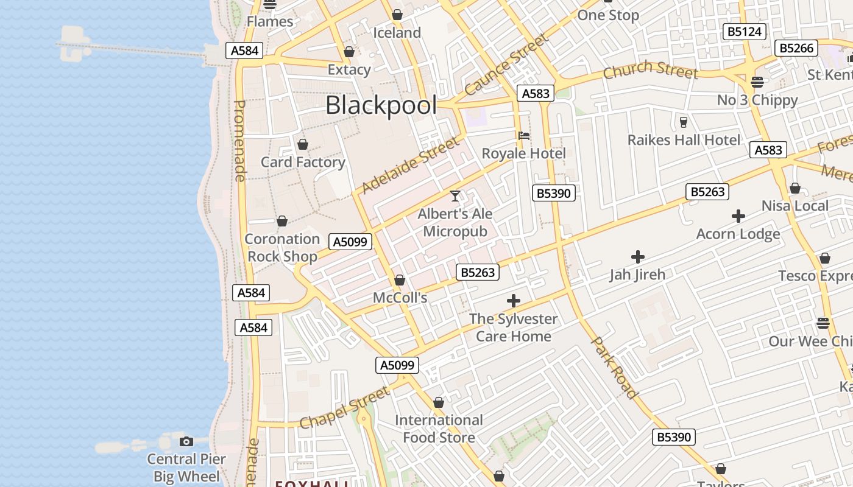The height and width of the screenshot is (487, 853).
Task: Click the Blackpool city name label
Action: click(x=381, y=105)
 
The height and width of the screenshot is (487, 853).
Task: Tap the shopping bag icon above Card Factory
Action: click(x=302, y=145)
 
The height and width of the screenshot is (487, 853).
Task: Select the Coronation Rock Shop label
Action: click(x=282, y=248)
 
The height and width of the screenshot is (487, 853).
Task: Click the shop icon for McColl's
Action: click(x=400, y=280)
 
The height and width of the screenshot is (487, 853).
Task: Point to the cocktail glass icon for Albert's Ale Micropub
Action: click(x=455, y=196)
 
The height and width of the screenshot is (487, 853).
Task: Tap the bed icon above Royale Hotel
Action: click(x=523, y=136)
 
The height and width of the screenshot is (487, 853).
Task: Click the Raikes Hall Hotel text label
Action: click(x=684, y=140)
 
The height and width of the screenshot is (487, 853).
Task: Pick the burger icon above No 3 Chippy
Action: click(x=757, y=82)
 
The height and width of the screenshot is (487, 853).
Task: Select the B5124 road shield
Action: click(x=744, y=32)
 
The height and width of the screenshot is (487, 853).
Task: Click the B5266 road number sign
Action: click(x=796, y=48)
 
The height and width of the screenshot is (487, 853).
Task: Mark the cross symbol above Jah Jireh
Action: click(x=638, y=257)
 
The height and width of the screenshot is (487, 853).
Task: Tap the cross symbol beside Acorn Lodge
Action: click(x=738, y=216)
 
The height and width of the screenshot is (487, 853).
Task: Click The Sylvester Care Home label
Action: click(x=513, y=328)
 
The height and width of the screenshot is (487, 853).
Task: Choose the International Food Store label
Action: click(x=439, y=429)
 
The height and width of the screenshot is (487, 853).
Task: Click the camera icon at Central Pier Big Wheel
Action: click(x=186, y=441)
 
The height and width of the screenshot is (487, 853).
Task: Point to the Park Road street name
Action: click(x=614, y=367)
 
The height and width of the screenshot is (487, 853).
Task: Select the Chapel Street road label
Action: click(x=345, y=407)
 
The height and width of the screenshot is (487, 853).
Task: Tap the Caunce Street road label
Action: click(x=506, y=65)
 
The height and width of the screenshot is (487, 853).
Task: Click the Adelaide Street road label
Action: click(x=410, y=165)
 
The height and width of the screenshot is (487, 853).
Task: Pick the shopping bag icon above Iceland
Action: click(x=397, y=15)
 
